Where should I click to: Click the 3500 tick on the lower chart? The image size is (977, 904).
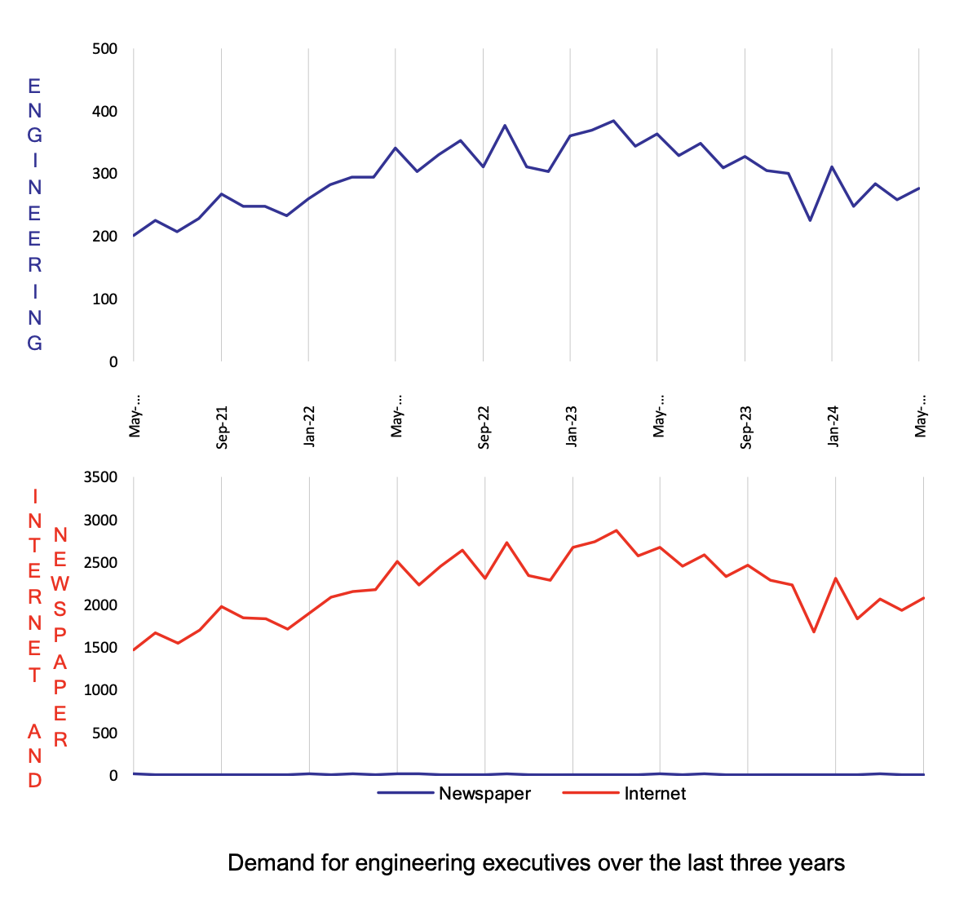click(100, 477)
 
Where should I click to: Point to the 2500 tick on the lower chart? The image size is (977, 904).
click(100, 563)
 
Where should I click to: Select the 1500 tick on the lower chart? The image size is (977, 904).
click(100, 648)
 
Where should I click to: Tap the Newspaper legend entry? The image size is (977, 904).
click(484, 794)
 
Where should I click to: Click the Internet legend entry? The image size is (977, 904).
click(655, 794)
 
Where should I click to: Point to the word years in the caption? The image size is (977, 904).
click(816, 863)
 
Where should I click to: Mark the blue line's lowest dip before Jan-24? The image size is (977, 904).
click(810, 220)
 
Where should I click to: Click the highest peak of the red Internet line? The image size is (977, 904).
click(617, 530)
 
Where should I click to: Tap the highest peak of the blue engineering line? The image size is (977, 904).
click(613, 121)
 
